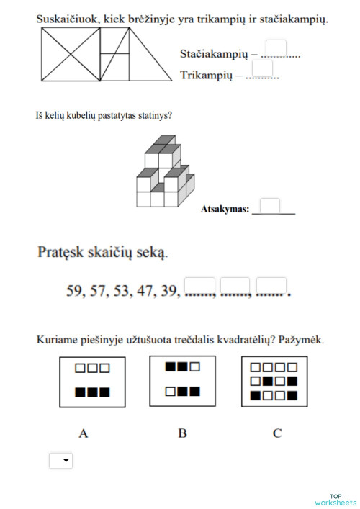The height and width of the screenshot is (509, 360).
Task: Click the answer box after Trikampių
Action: (x=263, y=69)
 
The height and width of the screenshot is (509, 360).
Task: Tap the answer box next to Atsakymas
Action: (x=270, y=206)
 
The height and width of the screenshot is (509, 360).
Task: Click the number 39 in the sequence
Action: (x=170, y=292)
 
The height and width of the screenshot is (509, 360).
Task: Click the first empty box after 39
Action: (x=200, y=287)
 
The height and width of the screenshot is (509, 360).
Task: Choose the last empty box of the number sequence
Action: (x=271, y=287)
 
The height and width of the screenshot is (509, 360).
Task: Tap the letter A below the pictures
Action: (x=84, y=433)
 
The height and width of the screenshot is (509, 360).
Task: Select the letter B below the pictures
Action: (x=183, y=433)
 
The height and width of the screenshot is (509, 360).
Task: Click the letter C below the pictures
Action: (x=277, y=433)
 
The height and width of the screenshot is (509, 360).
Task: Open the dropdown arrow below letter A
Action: (x=66, y=460)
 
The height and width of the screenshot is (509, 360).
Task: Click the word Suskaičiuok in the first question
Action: (x=68, y=20)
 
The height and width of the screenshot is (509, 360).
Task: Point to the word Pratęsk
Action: (x=65, y=253)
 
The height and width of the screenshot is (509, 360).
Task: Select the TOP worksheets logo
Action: (x=336, y=500)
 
